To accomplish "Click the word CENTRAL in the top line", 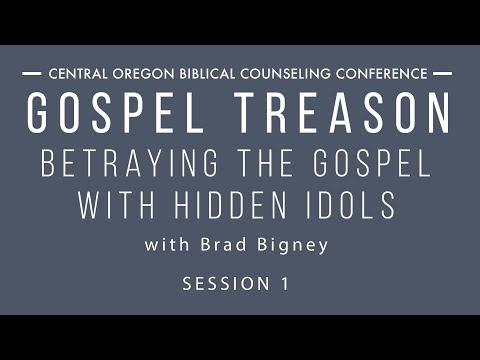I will click(81, 74).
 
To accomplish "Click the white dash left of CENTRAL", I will click(31, 74).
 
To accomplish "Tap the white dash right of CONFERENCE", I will click(443, 74).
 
